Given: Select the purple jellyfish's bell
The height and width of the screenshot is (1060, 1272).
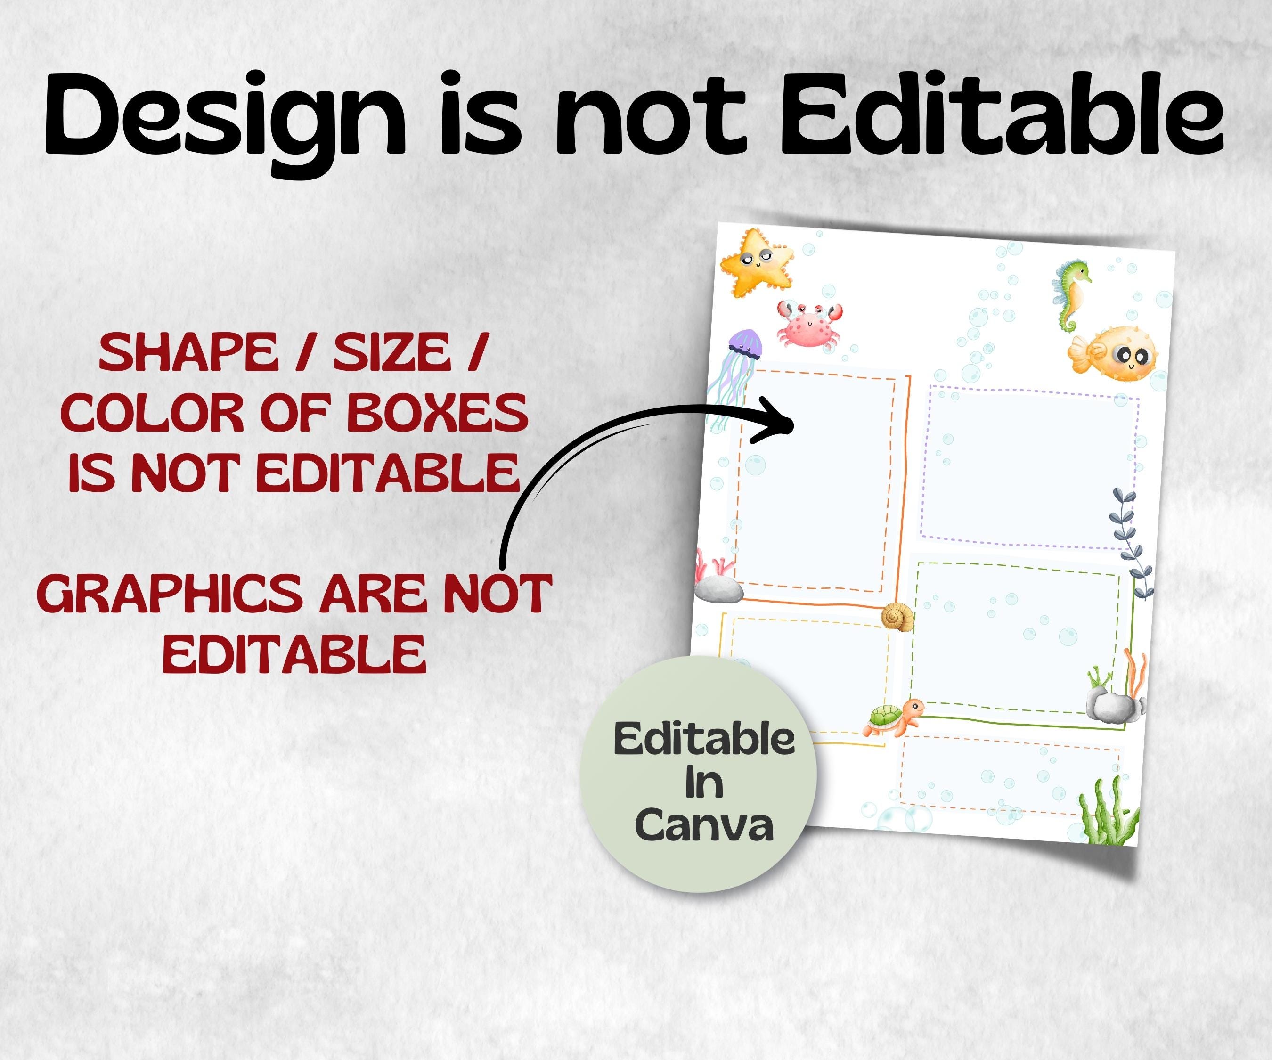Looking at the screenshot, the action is coord(744,343).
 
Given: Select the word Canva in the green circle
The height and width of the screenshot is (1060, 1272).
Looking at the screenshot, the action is coord(704,825).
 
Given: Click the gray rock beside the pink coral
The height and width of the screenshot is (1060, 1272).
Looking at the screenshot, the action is coord(719,589).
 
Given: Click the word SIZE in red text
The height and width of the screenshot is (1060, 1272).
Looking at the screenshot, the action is coord(392,352).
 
